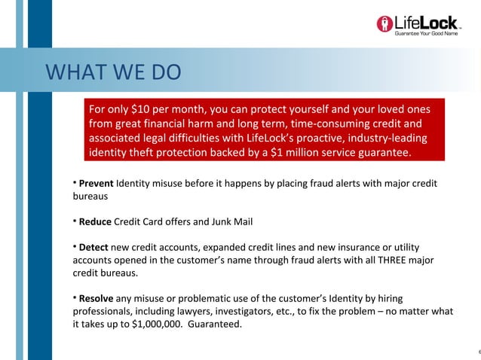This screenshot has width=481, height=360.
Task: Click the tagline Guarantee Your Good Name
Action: [426, 34]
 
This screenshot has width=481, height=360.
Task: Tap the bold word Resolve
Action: [96, 299]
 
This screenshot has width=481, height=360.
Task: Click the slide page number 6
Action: [478, 351]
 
